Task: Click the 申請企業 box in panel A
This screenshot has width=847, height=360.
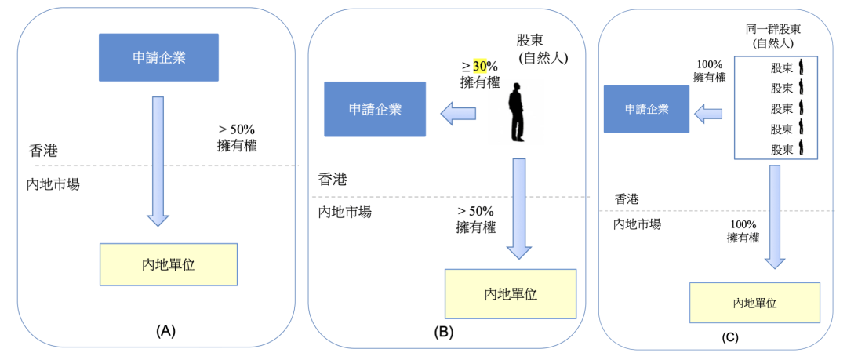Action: coord(159,58)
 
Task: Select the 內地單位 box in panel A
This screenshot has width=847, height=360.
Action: coord(169,264)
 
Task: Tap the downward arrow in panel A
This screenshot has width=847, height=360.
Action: coord(158,161)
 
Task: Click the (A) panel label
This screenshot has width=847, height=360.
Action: coord(165,331)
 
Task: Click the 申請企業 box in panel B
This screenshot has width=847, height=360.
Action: coord(375,109)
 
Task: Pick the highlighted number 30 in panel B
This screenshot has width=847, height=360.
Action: coord(480,67)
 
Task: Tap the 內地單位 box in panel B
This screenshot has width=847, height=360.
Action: coord(511,294)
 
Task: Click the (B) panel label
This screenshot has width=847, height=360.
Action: coord(443,332)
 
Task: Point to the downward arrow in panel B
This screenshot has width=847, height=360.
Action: coord(520,208)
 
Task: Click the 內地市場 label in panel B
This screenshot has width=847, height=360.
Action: coord(344,212)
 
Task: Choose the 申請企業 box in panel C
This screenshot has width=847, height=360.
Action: coord(646,109)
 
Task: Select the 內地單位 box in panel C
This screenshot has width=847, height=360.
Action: coord(754,303)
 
